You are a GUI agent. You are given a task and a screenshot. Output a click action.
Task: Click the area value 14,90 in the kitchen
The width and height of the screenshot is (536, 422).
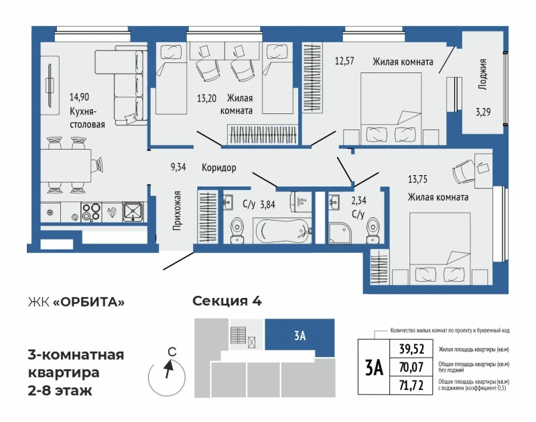79,97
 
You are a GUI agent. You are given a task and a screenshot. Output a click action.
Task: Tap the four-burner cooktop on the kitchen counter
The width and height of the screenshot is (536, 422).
91,212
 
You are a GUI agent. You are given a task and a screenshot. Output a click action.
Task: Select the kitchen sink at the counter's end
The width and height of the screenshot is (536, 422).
133,212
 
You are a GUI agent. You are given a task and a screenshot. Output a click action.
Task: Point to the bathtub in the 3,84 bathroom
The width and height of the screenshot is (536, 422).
283,231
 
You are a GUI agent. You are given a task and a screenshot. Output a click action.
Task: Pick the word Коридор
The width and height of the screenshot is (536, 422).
219,168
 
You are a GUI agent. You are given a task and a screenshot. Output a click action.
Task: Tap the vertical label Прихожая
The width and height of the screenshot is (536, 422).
177,211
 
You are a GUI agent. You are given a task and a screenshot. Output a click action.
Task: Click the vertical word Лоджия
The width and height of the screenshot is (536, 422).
482,74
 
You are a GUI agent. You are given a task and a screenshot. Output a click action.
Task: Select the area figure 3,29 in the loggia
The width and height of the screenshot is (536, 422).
483,112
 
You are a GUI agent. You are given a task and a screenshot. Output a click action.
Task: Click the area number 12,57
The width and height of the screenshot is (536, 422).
344,61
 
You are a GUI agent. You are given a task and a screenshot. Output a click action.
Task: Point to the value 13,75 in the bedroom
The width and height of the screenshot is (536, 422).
417,179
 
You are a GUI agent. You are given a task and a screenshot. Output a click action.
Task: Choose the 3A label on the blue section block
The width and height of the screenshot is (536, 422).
299,335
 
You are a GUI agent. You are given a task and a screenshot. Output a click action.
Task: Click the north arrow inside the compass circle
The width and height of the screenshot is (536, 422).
168,369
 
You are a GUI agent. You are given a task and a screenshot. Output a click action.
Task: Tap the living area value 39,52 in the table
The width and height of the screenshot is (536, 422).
411,349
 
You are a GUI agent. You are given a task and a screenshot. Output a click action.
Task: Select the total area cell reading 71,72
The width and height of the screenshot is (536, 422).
411,386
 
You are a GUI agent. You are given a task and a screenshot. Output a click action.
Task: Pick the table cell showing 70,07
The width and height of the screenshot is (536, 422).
411,368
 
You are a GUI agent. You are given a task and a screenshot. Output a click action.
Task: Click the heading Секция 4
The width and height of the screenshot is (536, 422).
227,301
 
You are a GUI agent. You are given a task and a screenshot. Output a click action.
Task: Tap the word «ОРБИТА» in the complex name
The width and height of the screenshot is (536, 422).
89,303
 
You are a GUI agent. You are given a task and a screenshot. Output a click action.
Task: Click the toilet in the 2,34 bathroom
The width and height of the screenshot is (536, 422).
373,231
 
